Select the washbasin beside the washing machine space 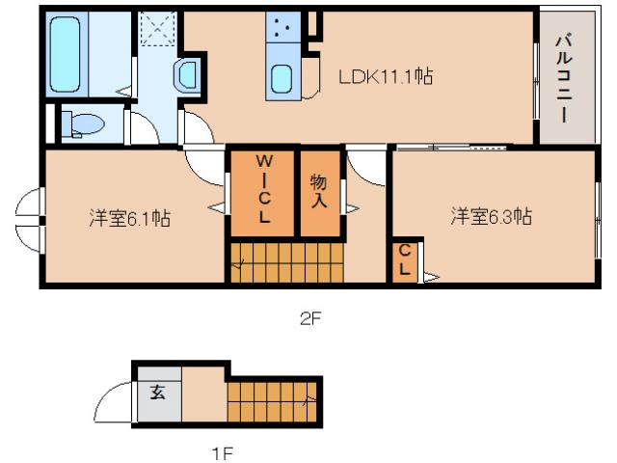click(x=185, y=73)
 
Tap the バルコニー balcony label click(x=566, y=78)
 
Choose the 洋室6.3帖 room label click(x=491, y=217)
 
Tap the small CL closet click(x=405, y=260)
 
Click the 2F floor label click(x=308, y=320)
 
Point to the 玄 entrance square click(x=157, y=394)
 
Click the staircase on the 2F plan click(x=283, y=261)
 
